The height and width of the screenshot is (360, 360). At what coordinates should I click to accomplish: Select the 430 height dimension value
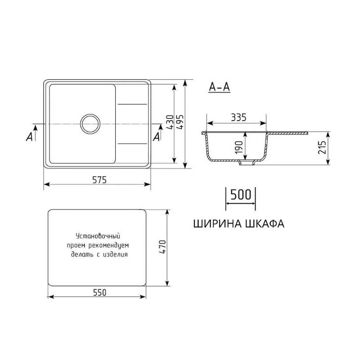click(169, 123)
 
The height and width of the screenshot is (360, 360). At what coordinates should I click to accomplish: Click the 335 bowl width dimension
click(237, 118)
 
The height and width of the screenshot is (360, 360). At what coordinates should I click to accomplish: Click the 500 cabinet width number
click(240, 195)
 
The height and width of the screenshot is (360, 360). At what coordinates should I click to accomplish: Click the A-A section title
click(220, 87)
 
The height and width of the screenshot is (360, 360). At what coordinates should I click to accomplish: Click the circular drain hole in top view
click(90, 123)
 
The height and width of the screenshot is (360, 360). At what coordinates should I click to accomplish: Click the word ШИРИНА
click(217, 224)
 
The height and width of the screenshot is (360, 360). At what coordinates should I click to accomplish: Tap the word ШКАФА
click(265, 224)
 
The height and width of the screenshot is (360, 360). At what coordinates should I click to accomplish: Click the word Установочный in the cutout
click(98, 236)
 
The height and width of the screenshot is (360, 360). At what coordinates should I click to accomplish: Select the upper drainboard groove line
click(133, 104)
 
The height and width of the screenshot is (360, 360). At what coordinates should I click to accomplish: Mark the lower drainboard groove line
click(133, 144)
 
